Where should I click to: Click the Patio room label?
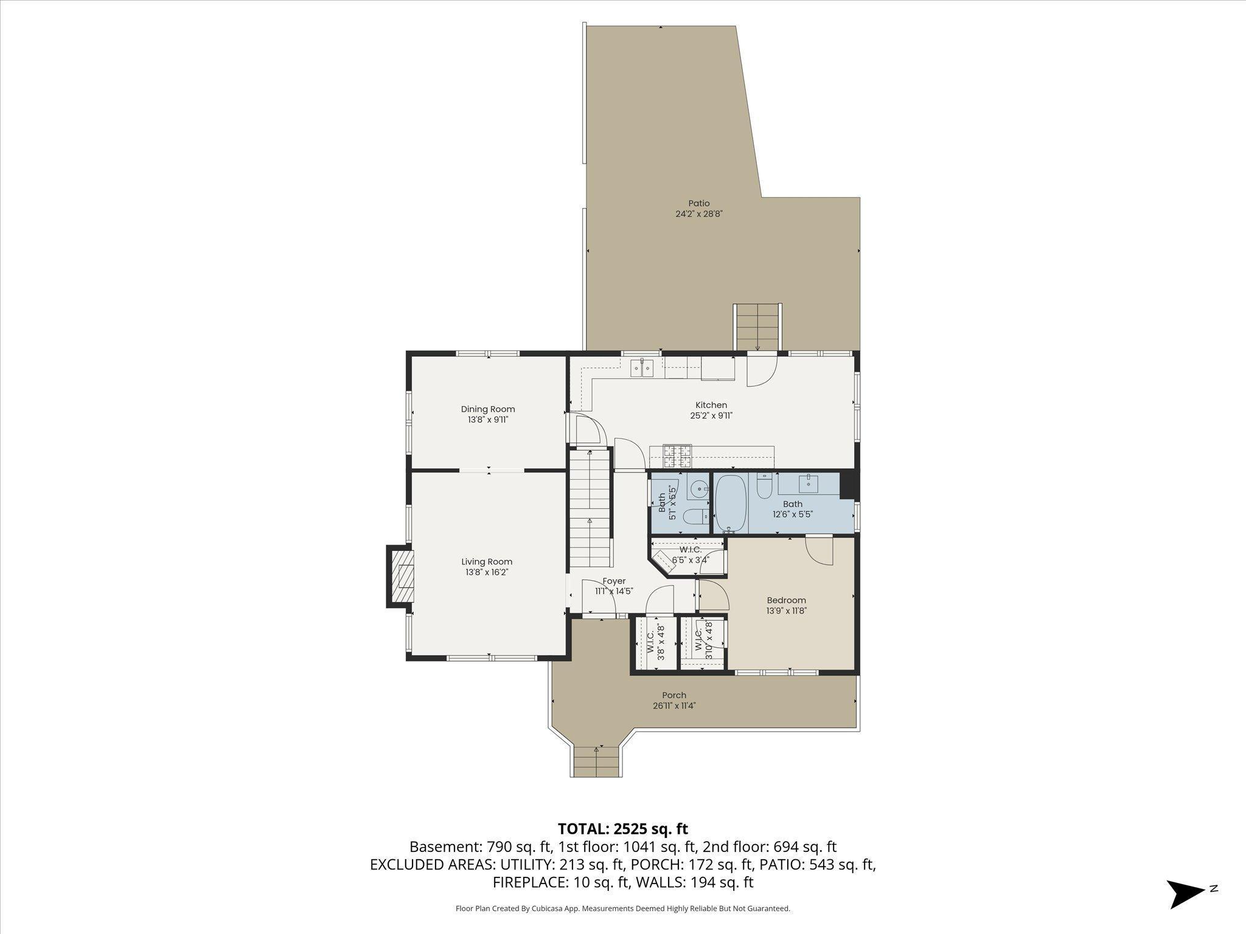pyautogui.click(x=698, y=203)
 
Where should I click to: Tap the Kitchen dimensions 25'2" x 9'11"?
pyautogui.click(x=711, y=416)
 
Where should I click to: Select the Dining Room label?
pyautogui.click(x=487, y=409)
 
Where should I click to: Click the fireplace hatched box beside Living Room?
pyautogui.click(x=402, y=576)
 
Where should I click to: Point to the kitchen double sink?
pyautogui.click(x=642, y=368)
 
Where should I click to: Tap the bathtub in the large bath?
pyautogui.click(x=730, y=503)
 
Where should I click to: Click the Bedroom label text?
pyautogui.click(x=786, y=600)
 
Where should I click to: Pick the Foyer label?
pyautogui.click(x=614, y=581)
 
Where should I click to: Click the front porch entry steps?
pyautogui.click(x=597, y=761)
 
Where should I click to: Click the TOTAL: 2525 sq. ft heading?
pyautogui.click(x=622, y=829)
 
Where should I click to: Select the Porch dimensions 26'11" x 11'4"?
pyautogui.click(x=673, y=706)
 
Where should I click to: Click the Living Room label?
pyautogui.click(x=486, y=562)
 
